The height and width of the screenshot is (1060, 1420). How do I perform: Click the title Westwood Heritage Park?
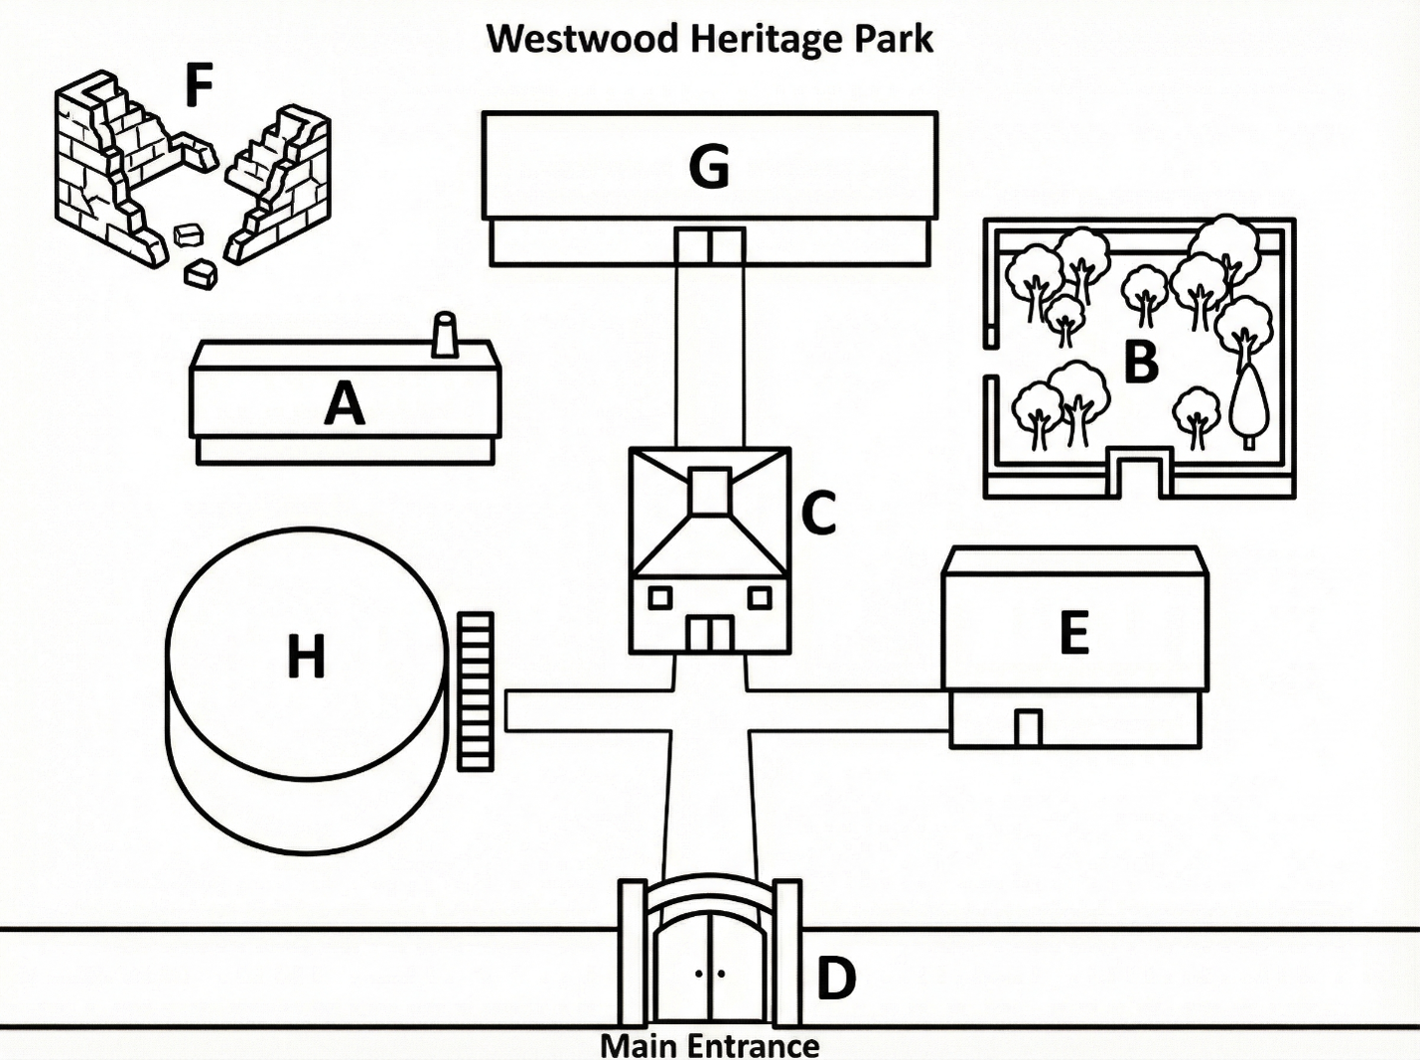(710, 39)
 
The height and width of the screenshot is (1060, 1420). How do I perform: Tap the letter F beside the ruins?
(200, 84)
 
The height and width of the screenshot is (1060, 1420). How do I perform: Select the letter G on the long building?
(710, 166)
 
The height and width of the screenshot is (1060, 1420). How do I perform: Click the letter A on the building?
(345, 402)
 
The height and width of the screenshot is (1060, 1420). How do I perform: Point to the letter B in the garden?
(1141, 363)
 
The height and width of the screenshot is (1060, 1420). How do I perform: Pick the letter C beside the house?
(818, 513)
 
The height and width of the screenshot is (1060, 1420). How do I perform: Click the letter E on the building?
(1073, 632)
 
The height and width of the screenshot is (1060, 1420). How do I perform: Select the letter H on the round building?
(306, 657)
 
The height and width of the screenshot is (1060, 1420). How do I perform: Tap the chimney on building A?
(445, 335)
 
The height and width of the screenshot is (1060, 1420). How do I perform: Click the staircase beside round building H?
(476, 691)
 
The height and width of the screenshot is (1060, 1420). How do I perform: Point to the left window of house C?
(660, 598)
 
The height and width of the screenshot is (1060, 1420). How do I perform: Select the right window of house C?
(760, 598)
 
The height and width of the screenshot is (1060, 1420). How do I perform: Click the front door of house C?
(710, 634)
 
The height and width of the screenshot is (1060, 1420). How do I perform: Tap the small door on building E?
(1028, 728)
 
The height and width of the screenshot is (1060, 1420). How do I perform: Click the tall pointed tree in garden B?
(1248, 406)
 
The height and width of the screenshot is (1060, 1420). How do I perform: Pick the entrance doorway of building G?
(710, 246)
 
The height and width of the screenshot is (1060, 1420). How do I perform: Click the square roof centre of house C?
(710, 491)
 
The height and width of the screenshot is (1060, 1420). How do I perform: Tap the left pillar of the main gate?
(632, 953)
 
